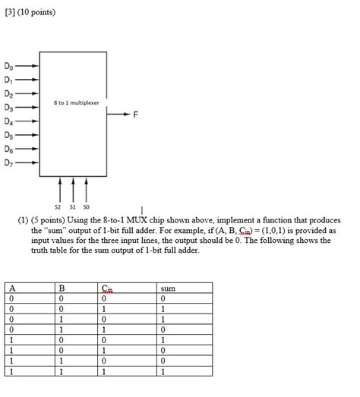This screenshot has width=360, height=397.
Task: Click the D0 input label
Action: [8, 67]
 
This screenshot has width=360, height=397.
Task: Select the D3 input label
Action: [8, 108]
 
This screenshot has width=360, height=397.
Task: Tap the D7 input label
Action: [8, 162]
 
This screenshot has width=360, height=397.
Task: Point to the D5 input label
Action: [8, 135]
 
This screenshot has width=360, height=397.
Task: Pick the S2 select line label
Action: [58, 204]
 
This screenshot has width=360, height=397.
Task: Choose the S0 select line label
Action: [86, 204]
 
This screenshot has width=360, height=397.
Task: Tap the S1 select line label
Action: [72, 204]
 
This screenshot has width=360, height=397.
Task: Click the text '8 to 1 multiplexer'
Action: [76, 102]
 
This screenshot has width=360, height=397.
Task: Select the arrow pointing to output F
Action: [119, 115]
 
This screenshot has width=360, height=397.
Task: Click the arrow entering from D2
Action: [27, 94]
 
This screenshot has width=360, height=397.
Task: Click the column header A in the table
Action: [13, 288]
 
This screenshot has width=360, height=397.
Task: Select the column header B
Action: [63, 288]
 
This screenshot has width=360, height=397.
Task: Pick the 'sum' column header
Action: [169, 288]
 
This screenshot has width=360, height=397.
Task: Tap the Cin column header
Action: [107, 288]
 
